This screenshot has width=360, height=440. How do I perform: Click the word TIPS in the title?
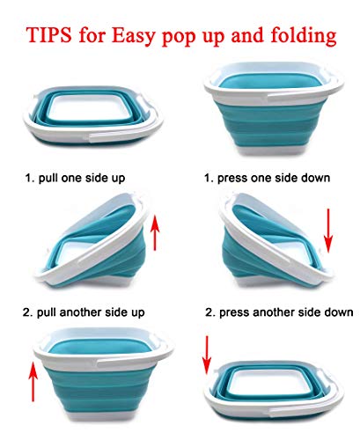coord(49,34)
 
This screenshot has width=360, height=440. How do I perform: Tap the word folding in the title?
coord(303,36)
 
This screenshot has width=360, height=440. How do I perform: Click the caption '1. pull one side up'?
coord(75,178)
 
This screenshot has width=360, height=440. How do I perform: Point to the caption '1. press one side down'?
coord(267,178)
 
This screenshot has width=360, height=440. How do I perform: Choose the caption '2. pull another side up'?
coord(84,312)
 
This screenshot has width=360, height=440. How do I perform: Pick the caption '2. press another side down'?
coord(279,312)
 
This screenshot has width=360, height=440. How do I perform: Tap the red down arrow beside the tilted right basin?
coord(328,231)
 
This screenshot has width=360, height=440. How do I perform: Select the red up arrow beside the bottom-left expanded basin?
coord(33,382)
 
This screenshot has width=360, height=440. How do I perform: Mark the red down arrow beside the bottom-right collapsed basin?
coord(207,356)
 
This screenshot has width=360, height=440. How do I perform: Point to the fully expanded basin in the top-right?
coord(274,108)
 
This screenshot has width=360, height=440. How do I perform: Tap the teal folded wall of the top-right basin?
coord(270,123)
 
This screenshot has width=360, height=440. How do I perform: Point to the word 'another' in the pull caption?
coord(80,312)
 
